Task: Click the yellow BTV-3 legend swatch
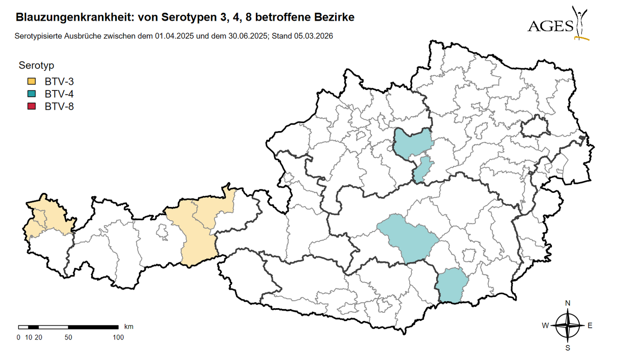(31, 81)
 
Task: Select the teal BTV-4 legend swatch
(31, 94)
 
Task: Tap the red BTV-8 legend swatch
(31, 106)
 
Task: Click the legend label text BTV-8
(59, 106)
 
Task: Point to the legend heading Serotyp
(36, 66)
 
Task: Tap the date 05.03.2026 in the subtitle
(314, 36)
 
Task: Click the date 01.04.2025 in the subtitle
(171, 36)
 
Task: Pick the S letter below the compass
(568, 348)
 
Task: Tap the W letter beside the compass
(545, 326)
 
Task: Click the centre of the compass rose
(568, 326)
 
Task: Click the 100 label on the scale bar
(118, 337)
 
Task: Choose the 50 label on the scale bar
(68, 337)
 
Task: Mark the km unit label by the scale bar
(129, 327)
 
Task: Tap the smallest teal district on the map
(422, 170)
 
